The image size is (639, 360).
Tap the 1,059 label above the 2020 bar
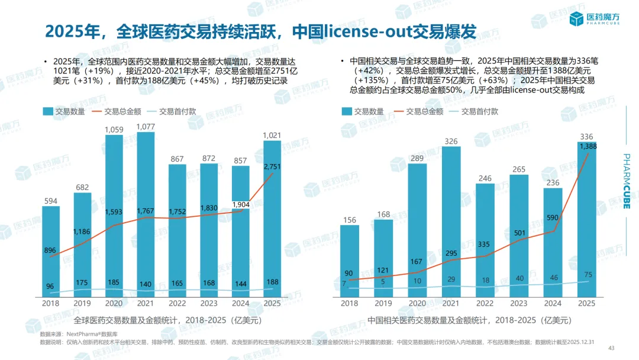point(114,129)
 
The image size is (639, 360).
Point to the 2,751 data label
point(272,167)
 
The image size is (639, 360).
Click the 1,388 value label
point(588,146)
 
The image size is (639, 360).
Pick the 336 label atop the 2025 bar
point(586,137)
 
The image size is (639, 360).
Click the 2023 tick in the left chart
point(209,303)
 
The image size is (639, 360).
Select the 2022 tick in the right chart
point(485,303)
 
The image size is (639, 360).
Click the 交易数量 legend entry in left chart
point(63,111)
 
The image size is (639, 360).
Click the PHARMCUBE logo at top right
point(592,20)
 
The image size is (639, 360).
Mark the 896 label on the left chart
point(50,250)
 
